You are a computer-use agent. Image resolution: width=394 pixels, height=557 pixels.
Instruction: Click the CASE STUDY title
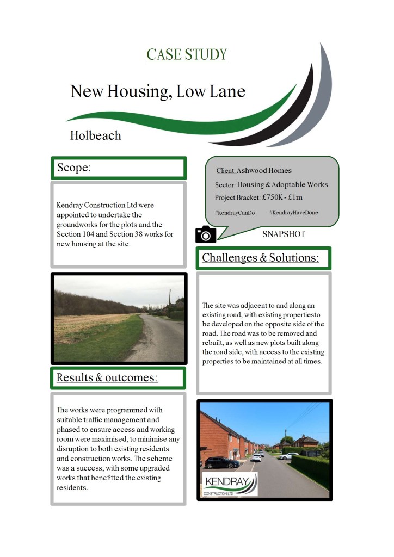coord(187,55)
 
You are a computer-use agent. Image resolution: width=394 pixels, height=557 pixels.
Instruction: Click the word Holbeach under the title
coord(96,135)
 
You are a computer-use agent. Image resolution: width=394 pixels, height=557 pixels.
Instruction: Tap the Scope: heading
coord(75,168)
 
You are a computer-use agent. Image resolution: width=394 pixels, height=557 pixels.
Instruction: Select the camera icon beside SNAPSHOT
coord(206,234)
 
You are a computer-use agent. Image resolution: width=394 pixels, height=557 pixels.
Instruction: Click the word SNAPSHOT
coord(284,234)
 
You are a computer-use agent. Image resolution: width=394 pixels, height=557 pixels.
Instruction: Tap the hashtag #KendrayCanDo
coord(235,213)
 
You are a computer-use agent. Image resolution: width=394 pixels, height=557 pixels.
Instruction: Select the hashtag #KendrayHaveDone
coord(293,213)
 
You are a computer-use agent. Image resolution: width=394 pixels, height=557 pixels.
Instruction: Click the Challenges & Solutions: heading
coord(260,257)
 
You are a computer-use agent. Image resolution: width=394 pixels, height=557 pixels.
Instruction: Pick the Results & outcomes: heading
coord(107,377)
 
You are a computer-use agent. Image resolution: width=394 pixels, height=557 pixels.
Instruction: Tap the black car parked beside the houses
coord(220,462)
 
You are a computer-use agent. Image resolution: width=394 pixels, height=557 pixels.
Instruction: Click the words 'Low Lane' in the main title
coord(213,91)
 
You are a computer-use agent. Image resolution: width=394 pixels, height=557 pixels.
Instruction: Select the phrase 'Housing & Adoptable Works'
coord(282,184)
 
